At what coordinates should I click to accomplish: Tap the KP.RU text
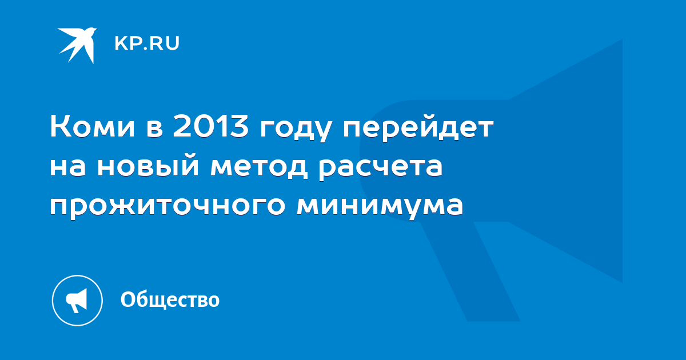point(147,43)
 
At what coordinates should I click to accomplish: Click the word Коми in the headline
point(93,126)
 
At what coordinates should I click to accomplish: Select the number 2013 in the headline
point(210,126)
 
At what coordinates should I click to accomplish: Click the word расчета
point(380,169)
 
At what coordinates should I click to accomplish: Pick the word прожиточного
point(167,207)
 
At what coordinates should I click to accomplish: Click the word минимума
point(380,207)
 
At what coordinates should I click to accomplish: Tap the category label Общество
point(170,299)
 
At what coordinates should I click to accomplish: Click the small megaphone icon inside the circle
point(77,301)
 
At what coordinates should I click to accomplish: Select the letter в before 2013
point(154,129)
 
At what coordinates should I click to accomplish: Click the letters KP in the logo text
point(126,43)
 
